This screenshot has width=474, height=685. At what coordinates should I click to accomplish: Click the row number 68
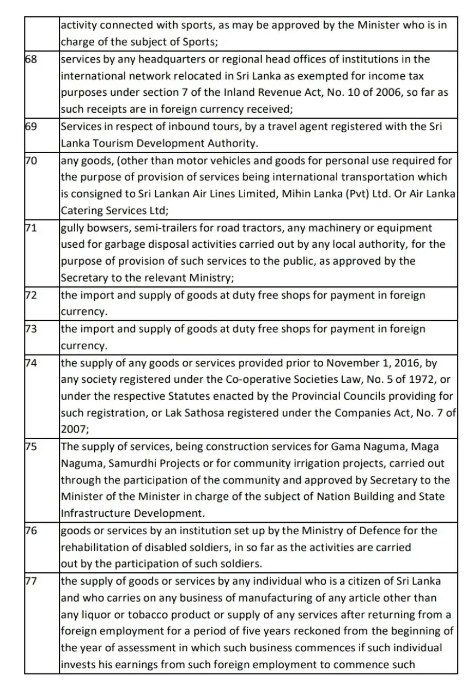coord(31,59)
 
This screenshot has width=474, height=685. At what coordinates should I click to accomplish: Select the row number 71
coord(31,227)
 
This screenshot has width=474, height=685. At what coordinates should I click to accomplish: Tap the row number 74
coord(31,363)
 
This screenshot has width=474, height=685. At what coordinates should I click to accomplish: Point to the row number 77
coord(31,581)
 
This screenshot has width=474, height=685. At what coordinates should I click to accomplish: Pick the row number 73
coord(31,329)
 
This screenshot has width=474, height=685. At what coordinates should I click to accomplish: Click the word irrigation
coord(340,463)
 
